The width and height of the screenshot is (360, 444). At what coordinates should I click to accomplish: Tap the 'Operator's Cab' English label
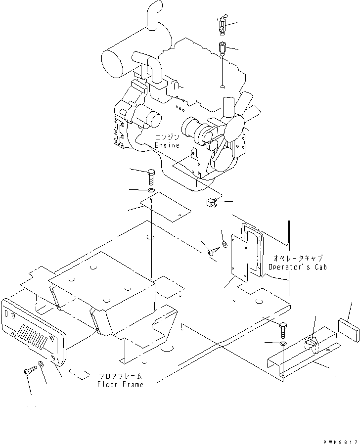[298, 267]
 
